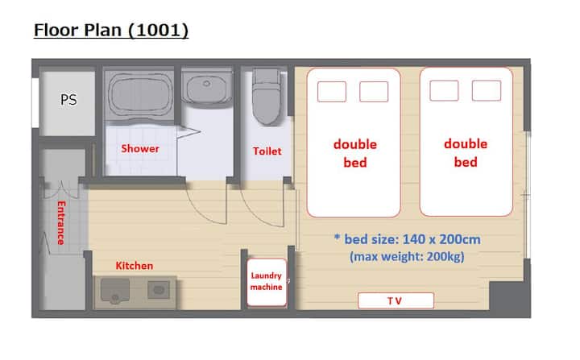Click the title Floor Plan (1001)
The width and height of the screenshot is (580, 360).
111,30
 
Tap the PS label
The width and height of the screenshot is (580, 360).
68,100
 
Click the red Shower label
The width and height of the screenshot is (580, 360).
140,148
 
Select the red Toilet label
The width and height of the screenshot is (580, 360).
267,151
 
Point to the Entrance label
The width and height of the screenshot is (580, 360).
61,223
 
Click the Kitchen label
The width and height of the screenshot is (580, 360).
135,266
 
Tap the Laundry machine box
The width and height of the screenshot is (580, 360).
267,283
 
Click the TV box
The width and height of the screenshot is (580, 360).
396,300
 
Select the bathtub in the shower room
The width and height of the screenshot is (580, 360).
140,94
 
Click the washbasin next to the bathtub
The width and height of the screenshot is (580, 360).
206,87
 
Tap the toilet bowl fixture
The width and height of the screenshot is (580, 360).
267,97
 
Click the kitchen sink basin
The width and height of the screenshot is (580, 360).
115,291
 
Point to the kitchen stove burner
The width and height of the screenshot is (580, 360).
159,289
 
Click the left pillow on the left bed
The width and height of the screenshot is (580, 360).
332,91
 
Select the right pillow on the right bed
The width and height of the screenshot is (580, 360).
487,91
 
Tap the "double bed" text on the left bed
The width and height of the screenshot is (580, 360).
355,153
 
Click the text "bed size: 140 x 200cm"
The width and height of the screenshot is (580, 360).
412,239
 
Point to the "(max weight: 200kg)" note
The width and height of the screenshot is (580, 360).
407,256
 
